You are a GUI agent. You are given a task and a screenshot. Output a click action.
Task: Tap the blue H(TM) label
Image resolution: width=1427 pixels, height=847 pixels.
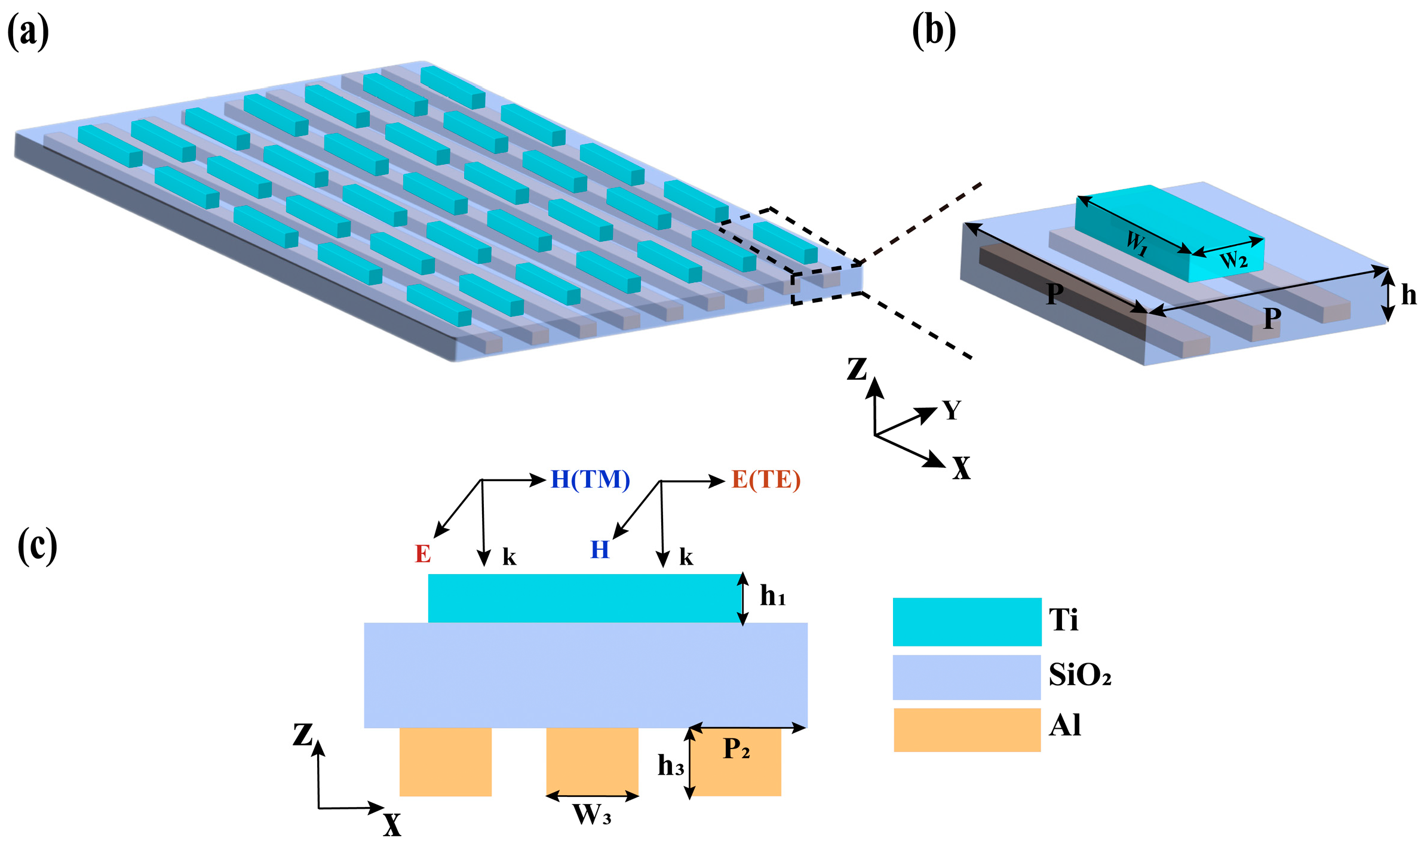click(590, 479)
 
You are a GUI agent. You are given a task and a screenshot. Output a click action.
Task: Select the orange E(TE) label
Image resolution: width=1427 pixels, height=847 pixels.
click(766, 479)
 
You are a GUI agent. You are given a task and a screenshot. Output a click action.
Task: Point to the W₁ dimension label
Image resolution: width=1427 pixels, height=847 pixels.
click(1137, 242)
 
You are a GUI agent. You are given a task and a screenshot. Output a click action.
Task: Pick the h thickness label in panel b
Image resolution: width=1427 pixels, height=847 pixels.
click(1408, 295)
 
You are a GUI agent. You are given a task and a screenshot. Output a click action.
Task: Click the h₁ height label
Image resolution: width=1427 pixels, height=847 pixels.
click(772, 596)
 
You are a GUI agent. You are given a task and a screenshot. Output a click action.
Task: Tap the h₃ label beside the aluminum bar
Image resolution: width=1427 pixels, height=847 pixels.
click(670, 765)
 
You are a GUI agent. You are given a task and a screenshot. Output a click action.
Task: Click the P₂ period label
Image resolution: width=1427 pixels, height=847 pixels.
click(736, 749)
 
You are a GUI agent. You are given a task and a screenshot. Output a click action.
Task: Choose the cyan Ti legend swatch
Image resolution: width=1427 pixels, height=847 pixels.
click(966, 621)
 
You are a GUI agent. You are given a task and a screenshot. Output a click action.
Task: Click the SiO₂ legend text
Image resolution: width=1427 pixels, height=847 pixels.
click(1080, 675)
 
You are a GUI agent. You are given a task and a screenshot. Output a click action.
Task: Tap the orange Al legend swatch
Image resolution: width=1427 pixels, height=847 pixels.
click(966, 729)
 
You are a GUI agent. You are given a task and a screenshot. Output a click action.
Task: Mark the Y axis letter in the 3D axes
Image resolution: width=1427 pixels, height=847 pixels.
click(952, 410)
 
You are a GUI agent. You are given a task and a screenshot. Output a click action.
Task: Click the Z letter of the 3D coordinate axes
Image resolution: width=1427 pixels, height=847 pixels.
click(857, 369)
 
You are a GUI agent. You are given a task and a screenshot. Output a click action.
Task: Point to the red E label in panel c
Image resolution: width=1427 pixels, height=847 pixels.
click(423, 554)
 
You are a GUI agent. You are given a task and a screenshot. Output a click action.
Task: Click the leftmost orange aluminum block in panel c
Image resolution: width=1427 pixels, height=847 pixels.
click(446, 762)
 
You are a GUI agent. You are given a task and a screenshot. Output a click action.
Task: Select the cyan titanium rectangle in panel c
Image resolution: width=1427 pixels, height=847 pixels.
click(584, 598)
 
